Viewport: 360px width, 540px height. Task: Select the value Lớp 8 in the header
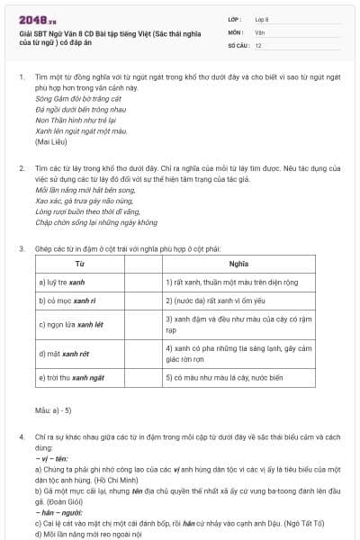[262, 18]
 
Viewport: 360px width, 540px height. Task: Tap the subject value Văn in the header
[259, 31]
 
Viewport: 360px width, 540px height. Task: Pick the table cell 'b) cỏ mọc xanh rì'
[61, 301]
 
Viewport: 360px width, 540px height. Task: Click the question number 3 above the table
[20, 248]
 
